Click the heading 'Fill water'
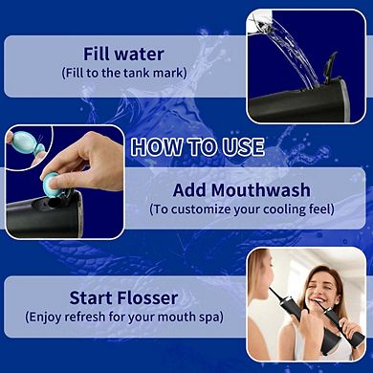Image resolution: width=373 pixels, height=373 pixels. click(125, 54)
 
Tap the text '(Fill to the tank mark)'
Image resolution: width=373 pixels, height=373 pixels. click(125, 73)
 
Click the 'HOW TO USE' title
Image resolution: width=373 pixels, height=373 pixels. click(196, 146)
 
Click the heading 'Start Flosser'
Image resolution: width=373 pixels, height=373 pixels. click(125, 297)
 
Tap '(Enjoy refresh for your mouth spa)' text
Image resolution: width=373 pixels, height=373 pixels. click(124, 317)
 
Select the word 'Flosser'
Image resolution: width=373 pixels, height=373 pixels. click(151, 297)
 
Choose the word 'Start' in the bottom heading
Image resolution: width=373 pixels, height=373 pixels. click(94, 297)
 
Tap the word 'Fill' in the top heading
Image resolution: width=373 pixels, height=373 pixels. click(101, 54)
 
